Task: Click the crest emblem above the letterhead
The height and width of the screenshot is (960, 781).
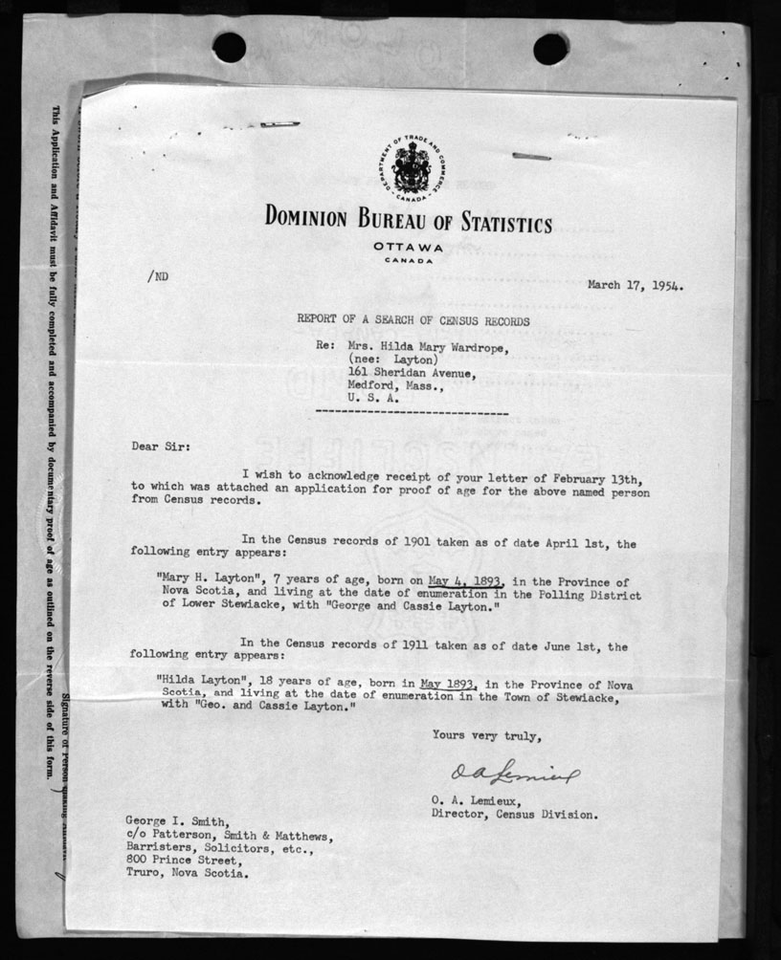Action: pos(409,170)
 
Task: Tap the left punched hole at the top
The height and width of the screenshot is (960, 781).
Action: pos(229,47)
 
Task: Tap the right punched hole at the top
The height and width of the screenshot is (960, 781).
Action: pos(550,48)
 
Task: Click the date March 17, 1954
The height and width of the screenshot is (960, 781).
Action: pos(640,284)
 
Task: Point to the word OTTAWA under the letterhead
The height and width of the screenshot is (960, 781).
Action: pos(409,247)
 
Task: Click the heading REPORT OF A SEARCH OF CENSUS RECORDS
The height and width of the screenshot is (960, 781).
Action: pos(413,321)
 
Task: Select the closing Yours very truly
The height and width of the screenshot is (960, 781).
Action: pos(486,735)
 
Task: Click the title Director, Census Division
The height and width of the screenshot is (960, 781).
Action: pos(514,815)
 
